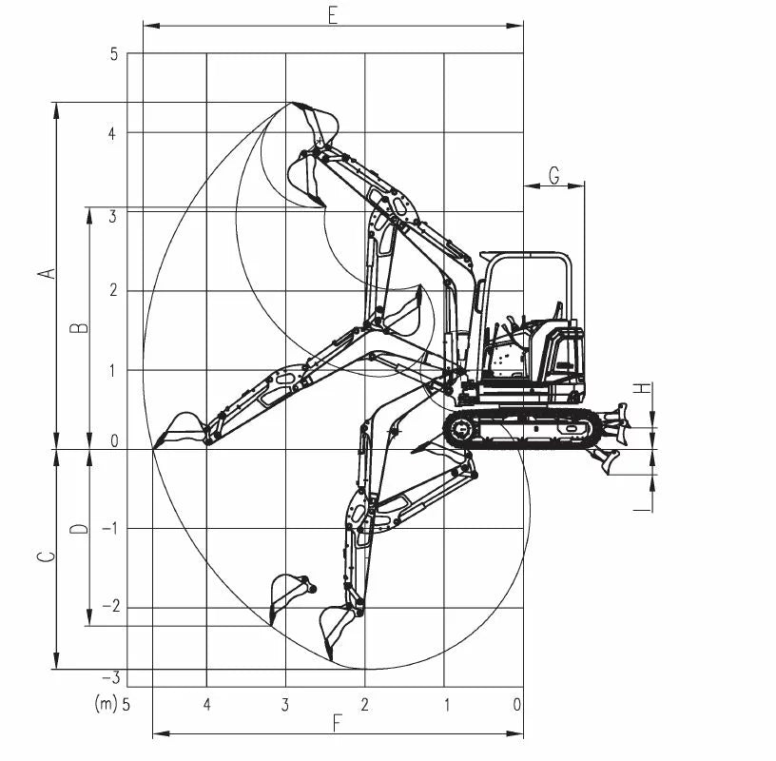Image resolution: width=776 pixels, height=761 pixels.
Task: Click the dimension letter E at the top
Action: pos(333,15)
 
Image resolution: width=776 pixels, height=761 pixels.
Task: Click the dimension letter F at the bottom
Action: pos(338,723)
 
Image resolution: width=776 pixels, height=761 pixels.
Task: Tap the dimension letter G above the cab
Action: pos(554,175)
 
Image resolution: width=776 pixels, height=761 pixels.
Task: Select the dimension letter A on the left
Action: pos(47,273)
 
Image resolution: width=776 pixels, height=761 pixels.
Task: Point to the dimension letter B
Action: pos(79,328)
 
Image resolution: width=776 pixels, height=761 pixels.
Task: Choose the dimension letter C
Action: pos(47,556)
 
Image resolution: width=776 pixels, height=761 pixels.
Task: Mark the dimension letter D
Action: pos(79,529)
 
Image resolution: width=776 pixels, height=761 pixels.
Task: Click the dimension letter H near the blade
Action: pos(642,388)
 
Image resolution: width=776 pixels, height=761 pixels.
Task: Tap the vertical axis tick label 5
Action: pos(114,54)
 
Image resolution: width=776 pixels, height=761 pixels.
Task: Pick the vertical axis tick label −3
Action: pos(111,677)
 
